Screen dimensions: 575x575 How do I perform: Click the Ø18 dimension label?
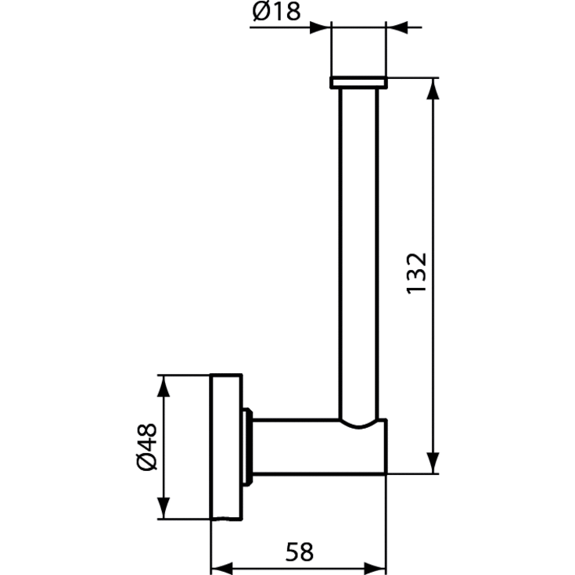[x=275, y=12]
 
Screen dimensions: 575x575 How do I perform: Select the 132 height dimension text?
[x=416, y=273]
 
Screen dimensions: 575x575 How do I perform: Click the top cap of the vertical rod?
[x=358, y=83]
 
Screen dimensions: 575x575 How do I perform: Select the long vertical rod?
[x=358, y=250]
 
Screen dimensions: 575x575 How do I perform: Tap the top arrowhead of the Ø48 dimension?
[x=162, y=385]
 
